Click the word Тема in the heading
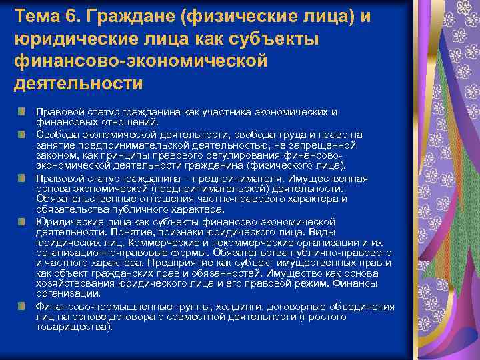click(x=37, y=14)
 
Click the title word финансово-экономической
click(x=140, y=61)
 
